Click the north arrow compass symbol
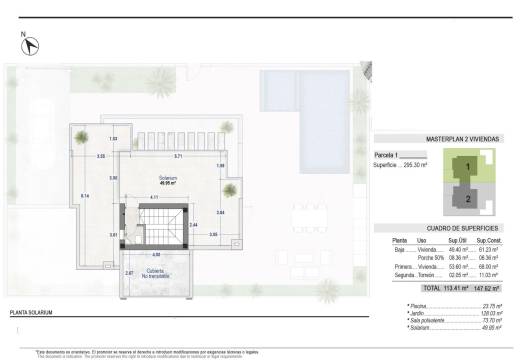(x=31, y=45)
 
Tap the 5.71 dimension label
(x=178, y=157)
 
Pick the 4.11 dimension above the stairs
(x=154, y=198)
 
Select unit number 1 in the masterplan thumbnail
(x=467, y=168)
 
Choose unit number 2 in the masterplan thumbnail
(x=467, y=198)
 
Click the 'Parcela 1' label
(x=387, y=156)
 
